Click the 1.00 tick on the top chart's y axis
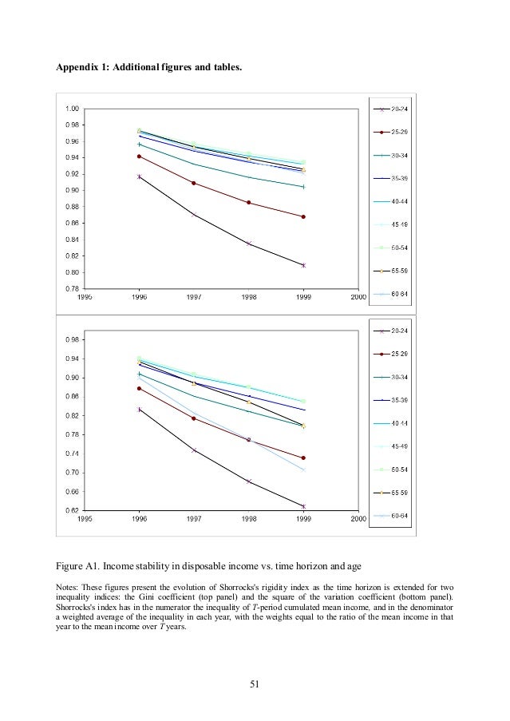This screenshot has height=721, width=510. coord(72,109)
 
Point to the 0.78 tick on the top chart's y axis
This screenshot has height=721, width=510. coord(72,288)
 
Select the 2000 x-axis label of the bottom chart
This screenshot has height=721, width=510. coord(358,517)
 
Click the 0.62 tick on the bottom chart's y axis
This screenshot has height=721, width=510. coord(72,510)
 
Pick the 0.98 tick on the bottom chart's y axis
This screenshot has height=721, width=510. coord(72,340)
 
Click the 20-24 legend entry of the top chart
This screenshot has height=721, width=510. coord(400,109)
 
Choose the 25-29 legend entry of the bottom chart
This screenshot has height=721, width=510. coord(400,354)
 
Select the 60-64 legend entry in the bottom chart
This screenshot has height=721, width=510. coord(400,515)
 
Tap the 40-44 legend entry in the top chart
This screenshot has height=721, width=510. coord(400,201)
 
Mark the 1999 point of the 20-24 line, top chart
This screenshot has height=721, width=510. coord(303,265)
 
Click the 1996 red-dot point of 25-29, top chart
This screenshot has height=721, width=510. coord(140,156)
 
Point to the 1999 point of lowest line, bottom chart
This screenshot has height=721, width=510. coord(303,506)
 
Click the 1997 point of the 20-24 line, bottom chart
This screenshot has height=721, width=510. coord(194,450)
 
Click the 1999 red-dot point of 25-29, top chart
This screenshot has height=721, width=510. coord(303,216)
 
